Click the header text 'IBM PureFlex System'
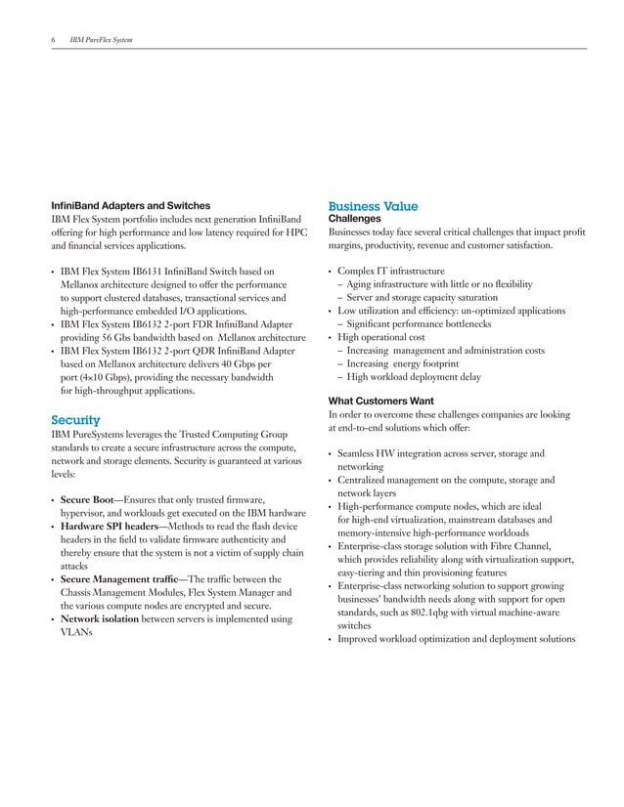[102, 40]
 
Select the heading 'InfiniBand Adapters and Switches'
[130, 206]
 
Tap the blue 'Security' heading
[75, 419]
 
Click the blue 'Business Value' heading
[373, 206]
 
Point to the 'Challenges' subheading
[354, 220]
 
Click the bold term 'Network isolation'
[102, 618]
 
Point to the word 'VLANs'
[76, 632]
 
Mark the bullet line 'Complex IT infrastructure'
[390, 271]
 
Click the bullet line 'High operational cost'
[381, 337]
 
